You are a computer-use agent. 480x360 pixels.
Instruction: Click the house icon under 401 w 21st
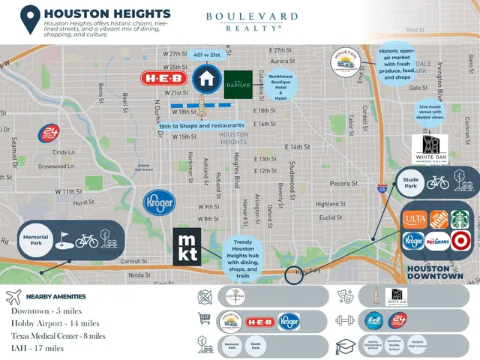click(205, 78)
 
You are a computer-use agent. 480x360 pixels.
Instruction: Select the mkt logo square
click(187, 245)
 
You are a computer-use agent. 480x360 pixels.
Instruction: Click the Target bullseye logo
click(459, 241)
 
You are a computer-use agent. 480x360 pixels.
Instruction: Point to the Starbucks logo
click(459, 219)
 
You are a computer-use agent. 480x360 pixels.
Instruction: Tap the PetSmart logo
click(436, 241)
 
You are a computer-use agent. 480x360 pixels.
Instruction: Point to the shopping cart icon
click(203, 319)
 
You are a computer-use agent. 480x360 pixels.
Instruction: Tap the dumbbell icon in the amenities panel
click(346, 319)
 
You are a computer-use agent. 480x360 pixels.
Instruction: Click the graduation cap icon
click(346, 346)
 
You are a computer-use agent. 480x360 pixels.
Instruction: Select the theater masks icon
click(346, 295)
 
